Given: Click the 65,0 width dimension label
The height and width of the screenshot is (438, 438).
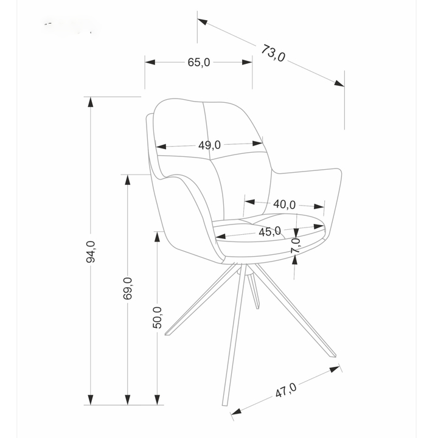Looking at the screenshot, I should pos(199,62).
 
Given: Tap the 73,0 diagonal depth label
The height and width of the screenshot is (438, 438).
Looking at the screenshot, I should pos(273,53).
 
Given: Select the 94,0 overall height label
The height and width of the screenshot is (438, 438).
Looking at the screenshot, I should pos(91,251).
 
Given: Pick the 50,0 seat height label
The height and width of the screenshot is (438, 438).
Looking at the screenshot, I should pos(157,317).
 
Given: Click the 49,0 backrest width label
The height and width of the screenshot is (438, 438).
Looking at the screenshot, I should pos(209,145).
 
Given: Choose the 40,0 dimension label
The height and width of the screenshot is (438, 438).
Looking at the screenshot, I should pos(284,204).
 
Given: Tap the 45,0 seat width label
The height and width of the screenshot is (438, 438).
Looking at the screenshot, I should pos(269,232).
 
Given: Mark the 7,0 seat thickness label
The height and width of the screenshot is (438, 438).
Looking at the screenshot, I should pos(295,246).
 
